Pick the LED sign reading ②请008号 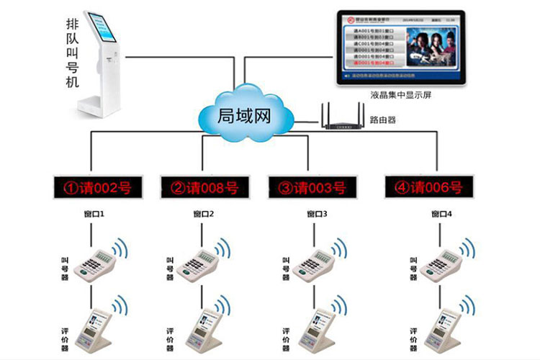[204, 188]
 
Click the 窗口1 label [94, 214]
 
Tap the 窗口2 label [204, 214]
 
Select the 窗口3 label [317, 214]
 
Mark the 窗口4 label [441, 214]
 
